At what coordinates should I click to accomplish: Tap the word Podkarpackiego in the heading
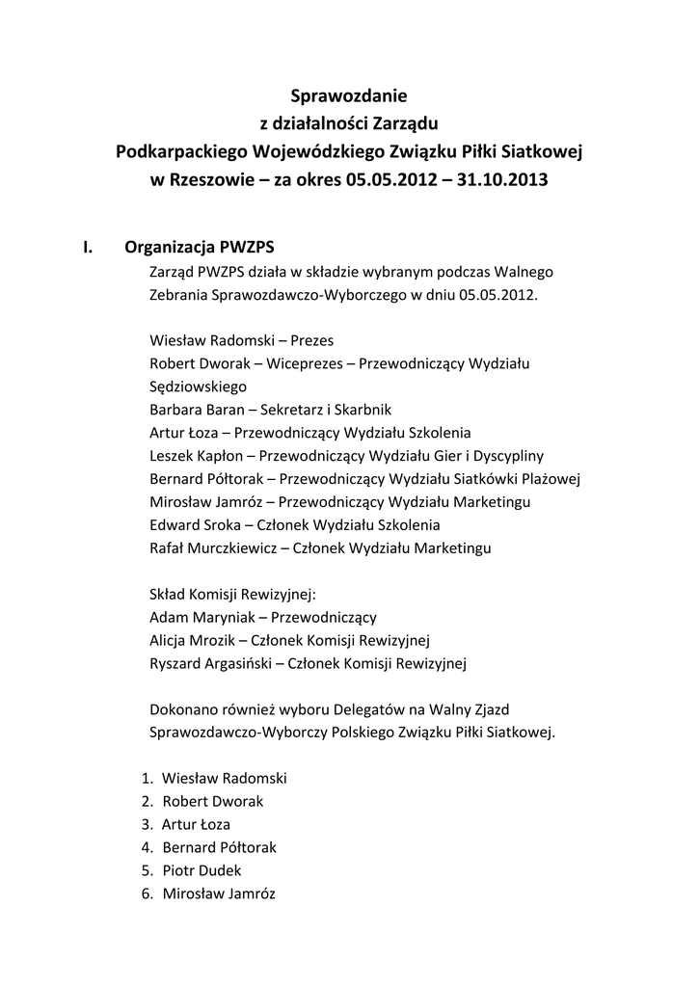tap(180, 151)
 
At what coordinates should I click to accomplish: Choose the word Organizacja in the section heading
tap(171, 247)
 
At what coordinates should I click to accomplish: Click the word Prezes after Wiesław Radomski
tap(312, 340)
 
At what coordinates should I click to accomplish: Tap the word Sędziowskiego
tap(199, 386)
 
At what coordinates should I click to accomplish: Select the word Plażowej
tap(551, 479)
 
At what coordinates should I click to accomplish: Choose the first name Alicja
tap(170, 640)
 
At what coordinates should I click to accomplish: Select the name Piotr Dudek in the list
tap(202, 870)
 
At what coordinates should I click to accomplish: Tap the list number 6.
tap(147, 894)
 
